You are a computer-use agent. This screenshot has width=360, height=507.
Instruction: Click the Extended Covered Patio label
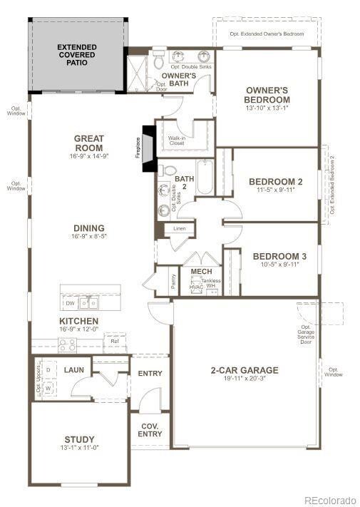pyautogui.click(x=77, y=55)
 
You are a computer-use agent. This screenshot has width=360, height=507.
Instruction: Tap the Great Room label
pyautogui.click(x=88, y=143)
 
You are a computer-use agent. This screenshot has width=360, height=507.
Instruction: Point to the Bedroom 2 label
pyautogui.click(x=275, y=182)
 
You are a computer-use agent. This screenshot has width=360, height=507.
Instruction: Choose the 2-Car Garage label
pyautogui.click(x=244, y=370)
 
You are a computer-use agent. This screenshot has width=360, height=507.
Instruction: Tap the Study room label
pyautogui.click(x=78, y=439)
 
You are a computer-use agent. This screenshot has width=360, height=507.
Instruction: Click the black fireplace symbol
pyautogui.click(x=148, y=148)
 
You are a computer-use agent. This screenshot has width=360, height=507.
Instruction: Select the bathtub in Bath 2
pyautogui.click(x=205, y=178)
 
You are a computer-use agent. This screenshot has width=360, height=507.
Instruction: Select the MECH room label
pyautogui.click(x=201, y=272)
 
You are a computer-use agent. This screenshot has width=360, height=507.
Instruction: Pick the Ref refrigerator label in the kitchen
pyautogui.click(x=115, y=342)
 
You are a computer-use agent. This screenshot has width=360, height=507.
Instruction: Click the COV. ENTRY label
pyautogui.click(x=150, y=429)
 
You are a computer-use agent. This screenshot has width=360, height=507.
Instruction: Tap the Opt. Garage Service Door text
pyautogui.click(x=307, y=334)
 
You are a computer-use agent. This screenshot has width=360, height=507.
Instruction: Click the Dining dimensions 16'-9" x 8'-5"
pyautogui.click(x=88, y=237)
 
